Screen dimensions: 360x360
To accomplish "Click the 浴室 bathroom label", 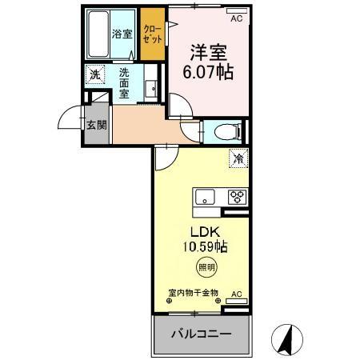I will pyautogui.click(x=122, y=34).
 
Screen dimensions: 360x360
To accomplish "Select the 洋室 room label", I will pyautogui.click(x=207, y=54).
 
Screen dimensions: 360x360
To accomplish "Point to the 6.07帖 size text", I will pyautogui.click(x=207, y=72).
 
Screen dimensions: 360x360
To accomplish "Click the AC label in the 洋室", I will pyautogui.click(x=236, y=18).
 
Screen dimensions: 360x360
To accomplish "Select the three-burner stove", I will pyautogui.click(x=238, y=197).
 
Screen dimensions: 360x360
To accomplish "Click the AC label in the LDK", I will pyautogui.click(x=236, y=294).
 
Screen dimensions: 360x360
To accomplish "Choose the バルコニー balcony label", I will pyautogui.click(x=201, y=333).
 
